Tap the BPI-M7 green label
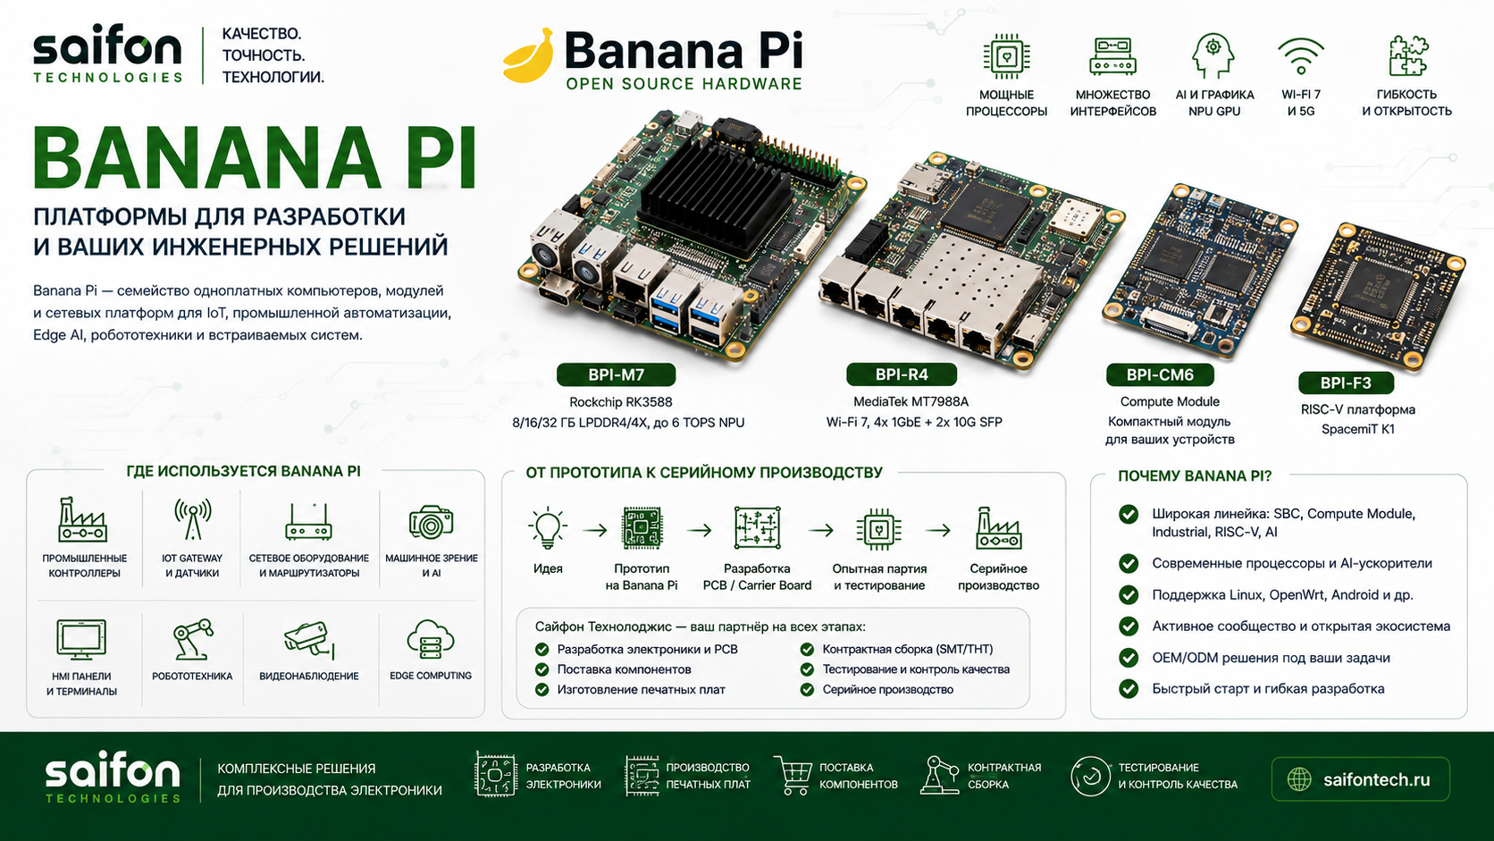(x=616, y=374)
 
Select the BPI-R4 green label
(x=901, y=374)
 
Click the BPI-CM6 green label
(x=1160, y=374)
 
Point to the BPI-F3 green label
(x=1346, y=383)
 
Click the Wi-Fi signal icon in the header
(x=1301, y=56)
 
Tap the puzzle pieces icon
(x=1408, y=56)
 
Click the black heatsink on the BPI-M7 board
(x=714, y=190)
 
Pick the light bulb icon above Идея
(x=548, y=528)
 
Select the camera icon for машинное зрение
(x=431, y=522)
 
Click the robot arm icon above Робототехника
(x=193, y=639)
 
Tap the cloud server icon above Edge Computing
(x=430, y=640)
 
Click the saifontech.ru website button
(x=1361, y=779)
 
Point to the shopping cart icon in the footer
(x=793, y=775)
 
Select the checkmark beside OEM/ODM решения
(x=1129, y=658)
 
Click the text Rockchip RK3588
(x=620, y=402)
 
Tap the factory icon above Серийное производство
(x=998, y=528)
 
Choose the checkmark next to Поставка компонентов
(x=541, y=669)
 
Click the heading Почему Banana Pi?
(x=1195, y=476)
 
